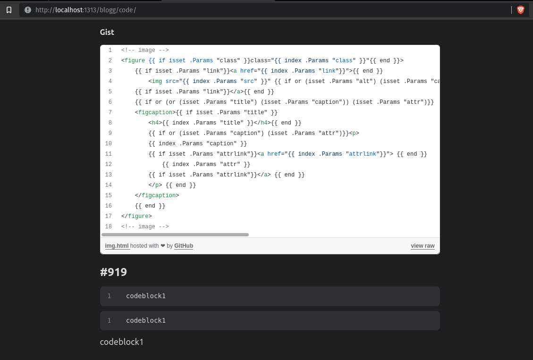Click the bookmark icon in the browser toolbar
(x=9, y=10)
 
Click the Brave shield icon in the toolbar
(x=521, y=10)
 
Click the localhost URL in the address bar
(x=85, y=10)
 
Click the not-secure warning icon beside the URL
(x=27, y=10)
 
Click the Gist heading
(x=107, y=32)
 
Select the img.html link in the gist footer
(x=117, y=246)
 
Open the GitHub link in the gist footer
(x=184, y=246)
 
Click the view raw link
(x=423, y=246)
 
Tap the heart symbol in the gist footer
(x=163, y=246)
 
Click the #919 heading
(x=113, y=272)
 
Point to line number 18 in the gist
(x=109, y=226)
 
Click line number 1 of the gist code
(x=110, y=50)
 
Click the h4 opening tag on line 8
(x=155, y=123)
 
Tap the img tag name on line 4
(x=157, y=81)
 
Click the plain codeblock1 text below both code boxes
(x=121, y=342)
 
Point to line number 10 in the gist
(x=109, y=143)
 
